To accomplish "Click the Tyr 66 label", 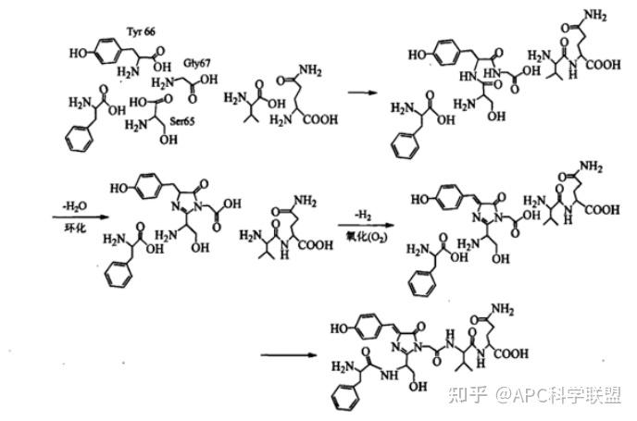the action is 141,32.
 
